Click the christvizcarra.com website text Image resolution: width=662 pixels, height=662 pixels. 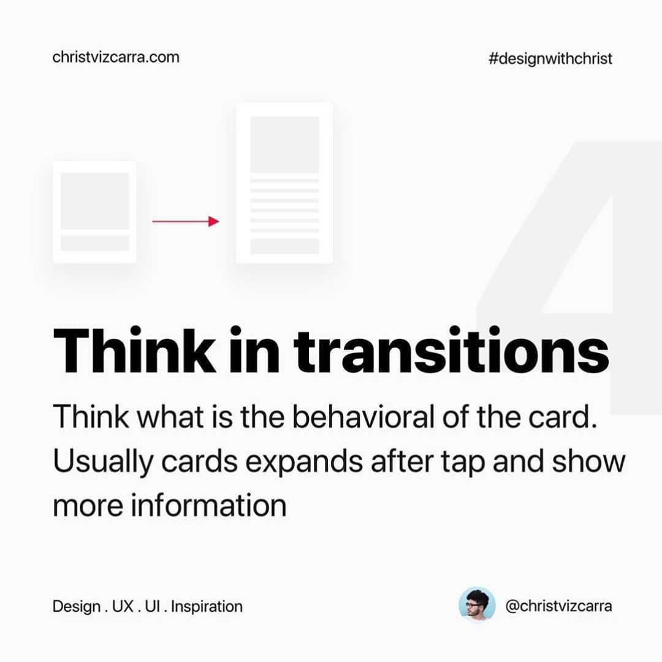(x=116, y=57)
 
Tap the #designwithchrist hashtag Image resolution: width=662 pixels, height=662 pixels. (x=550, y=59)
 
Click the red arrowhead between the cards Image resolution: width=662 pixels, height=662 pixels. (x=214, y=221)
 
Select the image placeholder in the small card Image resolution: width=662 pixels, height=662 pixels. (x=95, y=201)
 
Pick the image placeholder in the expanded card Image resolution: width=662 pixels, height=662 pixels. (x=284, y=145)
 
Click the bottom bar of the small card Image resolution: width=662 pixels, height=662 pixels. (x=95, y=243)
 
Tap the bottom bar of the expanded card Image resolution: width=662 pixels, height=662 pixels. (x=284, y=246)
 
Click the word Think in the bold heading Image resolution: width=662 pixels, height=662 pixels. (x=135, y=351)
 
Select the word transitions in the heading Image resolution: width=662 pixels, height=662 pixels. (x=451, y=351)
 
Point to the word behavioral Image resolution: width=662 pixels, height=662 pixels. (x=363, y=416)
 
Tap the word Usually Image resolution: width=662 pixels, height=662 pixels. (x=103, y=462)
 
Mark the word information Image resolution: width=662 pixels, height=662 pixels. (x=208, y=505)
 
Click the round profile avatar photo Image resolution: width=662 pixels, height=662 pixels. (x=477, y=605)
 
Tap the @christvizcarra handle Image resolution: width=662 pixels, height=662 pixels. (x=558, y=606)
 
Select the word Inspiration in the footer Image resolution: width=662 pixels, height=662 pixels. (x=207, y=607)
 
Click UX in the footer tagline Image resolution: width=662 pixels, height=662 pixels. (x=123, y=606)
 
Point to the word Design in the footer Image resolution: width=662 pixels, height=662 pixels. (x=77, y=607)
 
